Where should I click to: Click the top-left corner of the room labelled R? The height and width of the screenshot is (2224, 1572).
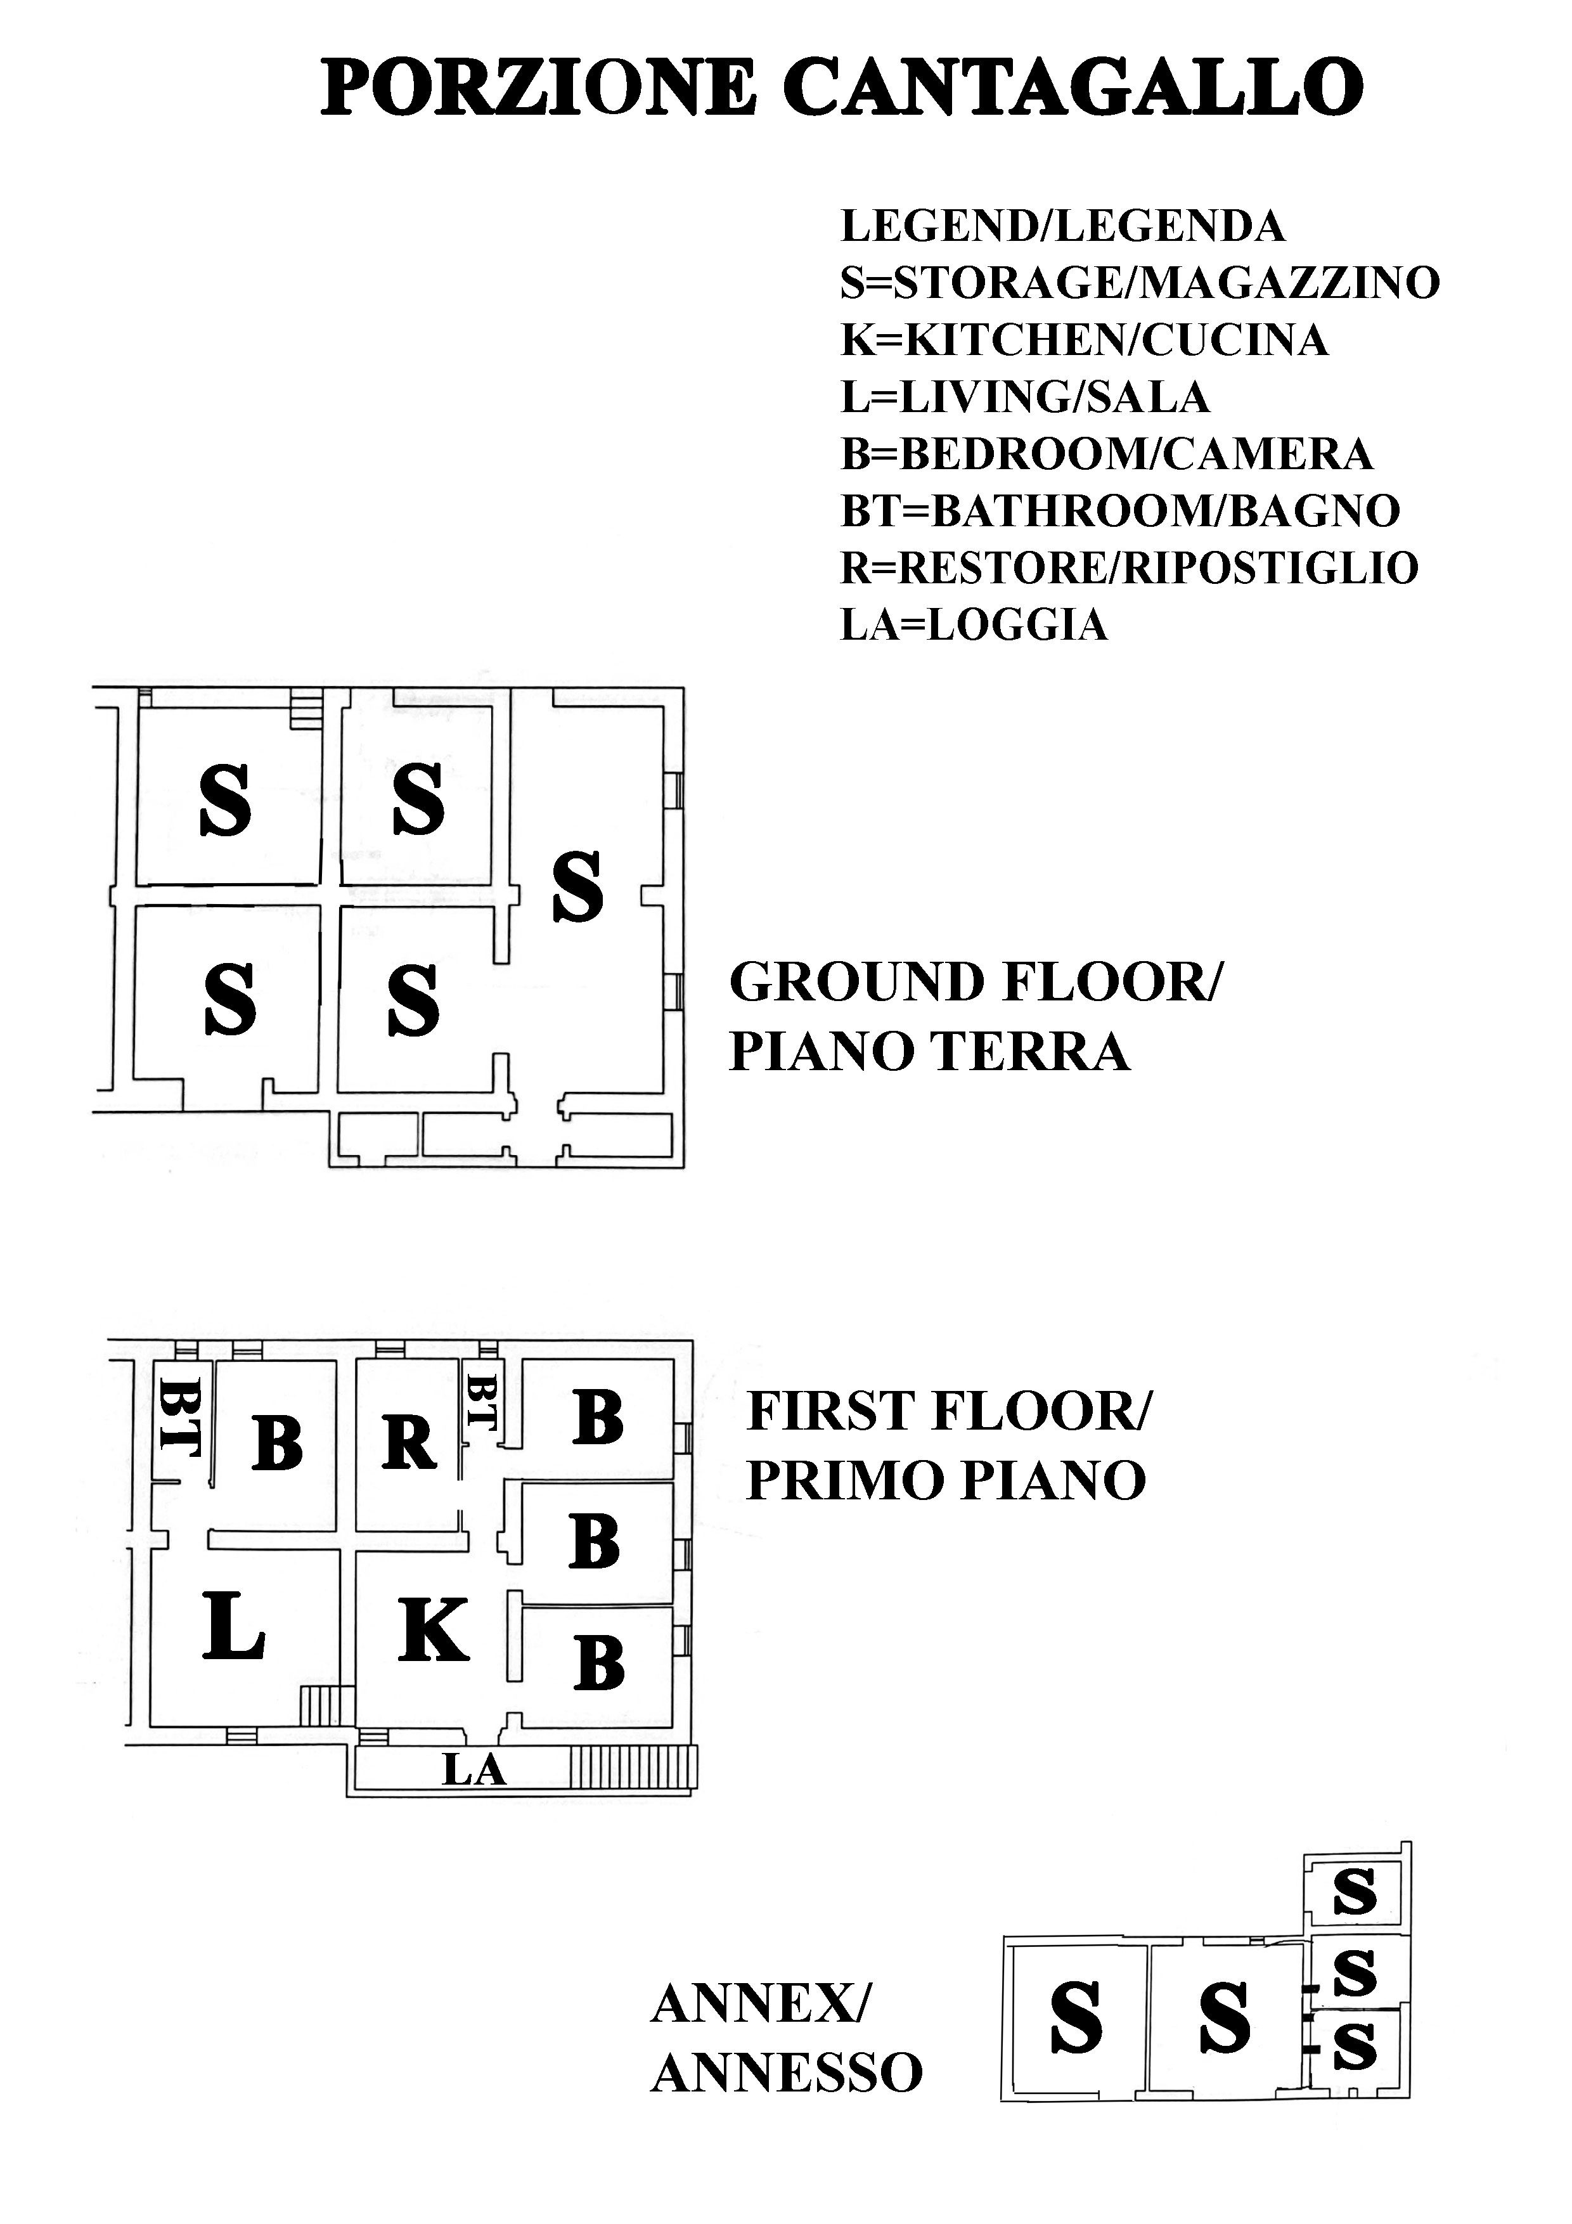pyautogui.click(x=356, y=1360)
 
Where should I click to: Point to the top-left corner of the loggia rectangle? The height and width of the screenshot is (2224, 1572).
pyautogui.click(x=354, y=1747)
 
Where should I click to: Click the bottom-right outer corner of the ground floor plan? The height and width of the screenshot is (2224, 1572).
pyautogui.click(x=684, y=1167)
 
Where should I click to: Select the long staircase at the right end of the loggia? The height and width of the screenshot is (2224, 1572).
pyautogui.click(x=633, y=1767)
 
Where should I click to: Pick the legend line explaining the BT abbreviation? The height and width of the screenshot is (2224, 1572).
pyautogui.click(x=1119, y=510)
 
